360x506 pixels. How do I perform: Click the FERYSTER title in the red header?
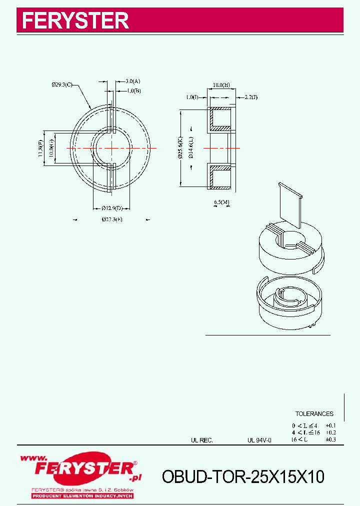[75, 21]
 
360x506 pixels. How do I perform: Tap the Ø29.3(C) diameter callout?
[62, 85]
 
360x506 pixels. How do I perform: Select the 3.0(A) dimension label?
[132, 81]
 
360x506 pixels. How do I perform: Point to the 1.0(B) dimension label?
[133, 90]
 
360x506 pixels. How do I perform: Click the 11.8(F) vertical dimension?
[40, 148]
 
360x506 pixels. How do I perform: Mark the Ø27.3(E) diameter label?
[111, 219]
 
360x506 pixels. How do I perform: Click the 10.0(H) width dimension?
[220, 85]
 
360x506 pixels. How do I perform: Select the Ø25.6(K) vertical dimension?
[180, 148]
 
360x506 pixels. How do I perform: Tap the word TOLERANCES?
[314, 414]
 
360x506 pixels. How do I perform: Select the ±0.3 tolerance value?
[330, 439]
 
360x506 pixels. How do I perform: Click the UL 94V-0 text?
[259, 440]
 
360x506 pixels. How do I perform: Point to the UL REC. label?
[202, 440]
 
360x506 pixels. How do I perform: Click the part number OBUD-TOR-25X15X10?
[243, 477]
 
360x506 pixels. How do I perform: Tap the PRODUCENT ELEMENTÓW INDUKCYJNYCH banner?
[82, 495]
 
